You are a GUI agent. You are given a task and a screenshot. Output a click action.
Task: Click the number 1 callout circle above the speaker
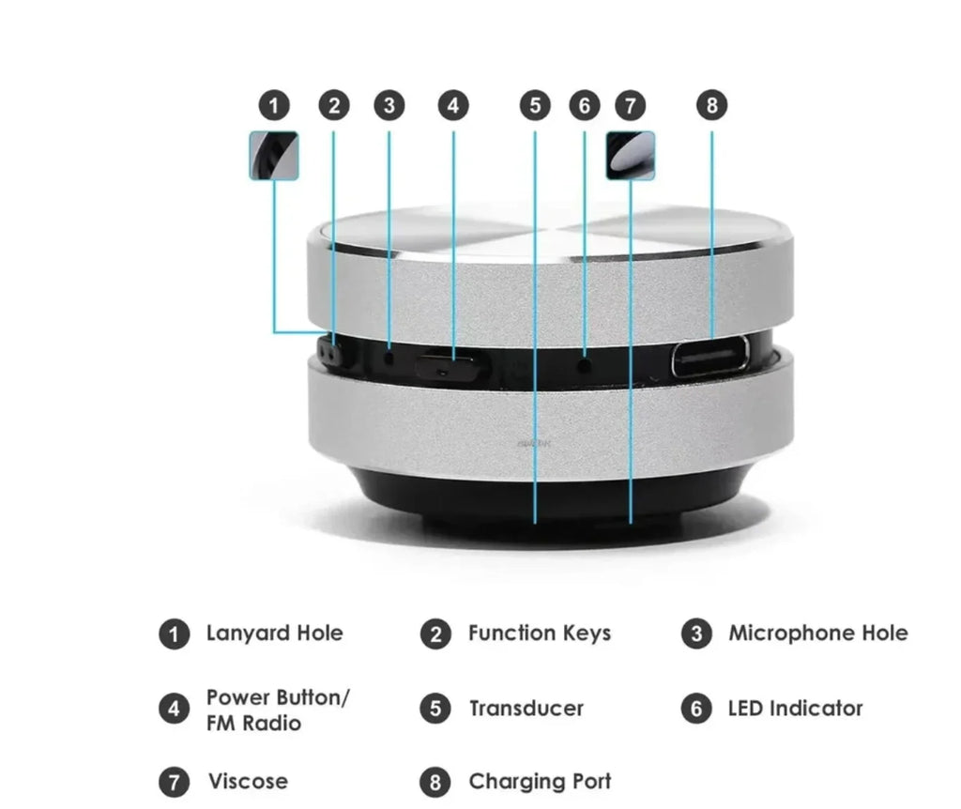(273, 106)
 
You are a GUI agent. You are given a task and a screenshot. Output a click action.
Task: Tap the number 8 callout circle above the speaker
(711, 106)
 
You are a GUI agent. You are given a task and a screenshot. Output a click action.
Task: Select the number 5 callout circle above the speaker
(535, 106)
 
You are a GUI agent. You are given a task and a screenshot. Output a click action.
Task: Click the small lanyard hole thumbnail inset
(273, 156)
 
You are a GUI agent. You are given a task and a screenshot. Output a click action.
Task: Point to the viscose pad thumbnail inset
(631, 156)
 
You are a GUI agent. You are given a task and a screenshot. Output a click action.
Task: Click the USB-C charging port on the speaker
(710, 357)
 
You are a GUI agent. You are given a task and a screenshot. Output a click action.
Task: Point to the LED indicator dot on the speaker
(585, 360)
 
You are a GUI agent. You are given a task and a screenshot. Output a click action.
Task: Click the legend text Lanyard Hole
(274, 633)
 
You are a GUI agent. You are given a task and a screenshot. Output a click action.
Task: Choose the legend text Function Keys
(539, 633)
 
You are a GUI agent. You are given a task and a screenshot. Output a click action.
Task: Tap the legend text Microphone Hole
(817, 633)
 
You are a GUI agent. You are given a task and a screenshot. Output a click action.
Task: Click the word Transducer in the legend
(526, 709)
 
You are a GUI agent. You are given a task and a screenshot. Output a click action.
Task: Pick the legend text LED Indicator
(794, 709)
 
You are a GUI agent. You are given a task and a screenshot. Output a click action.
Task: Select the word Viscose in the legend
(248, 782)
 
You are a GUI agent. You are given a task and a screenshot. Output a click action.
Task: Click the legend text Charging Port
(539, 782)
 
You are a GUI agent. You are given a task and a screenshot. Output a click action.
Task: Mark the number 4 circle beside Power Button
(173, 710)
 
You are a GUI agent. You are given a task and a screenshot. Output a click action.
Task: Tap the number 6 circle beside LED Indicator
(695, 709)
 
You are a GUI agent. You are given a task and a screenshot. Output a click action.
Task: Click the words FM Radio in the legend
(253, 724)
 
